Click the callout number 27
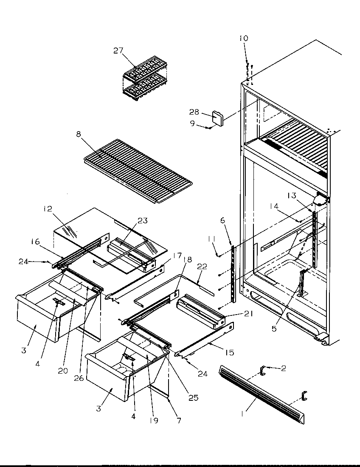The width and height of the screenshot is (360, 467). [x=118, y=51]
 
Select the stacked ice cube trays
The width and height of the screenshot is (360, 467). [x=144, y=81]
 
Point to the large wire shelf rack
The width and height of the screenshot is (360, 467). [x=138, y=170]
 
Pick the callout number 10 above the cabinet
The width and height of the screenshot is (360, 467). [x=243, y=39]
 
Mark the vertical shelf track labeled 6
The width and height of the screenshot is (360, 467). [x=233, y=274]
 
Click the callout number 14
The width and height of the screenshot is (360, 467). [x=274, y=206]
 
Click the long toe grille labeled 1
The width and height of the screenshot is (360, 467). [x=261, y=395]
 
